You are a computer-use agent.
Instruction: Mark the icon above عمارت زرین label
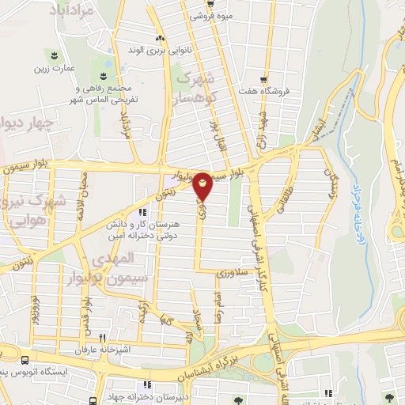pos(54,55)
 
